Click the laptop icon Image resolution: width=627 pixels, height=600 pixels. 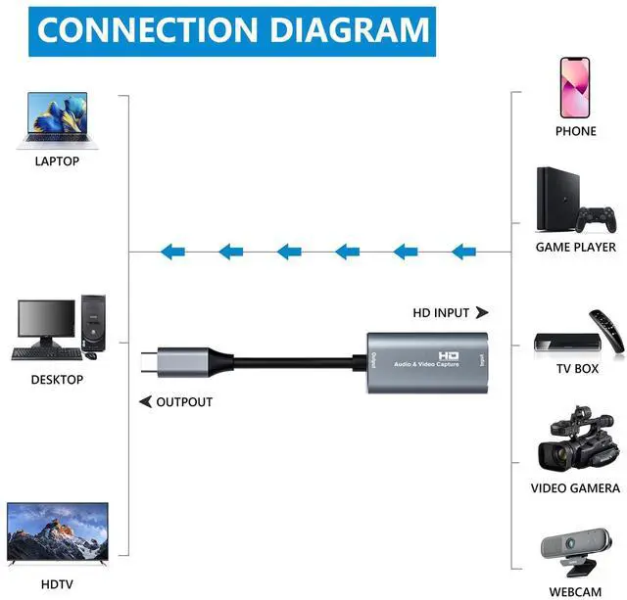coord(53,118)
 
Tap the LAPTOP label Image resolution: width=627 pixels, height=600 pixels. coord(56,161)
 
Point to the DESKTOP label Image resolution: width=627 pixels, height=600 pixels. coord(57,380)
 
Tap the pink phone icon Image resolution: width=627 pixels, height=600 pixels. coord(576,86)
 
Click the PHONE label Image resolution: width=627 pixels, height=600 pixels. coord(575,131)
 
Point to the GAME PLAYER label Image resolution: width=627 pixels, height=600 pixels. coord(575,248)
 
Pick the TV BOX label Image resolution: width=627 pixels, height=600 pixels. coord(575,368)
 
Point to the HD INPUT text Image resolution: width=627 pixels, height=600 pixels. coord(442,313)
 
